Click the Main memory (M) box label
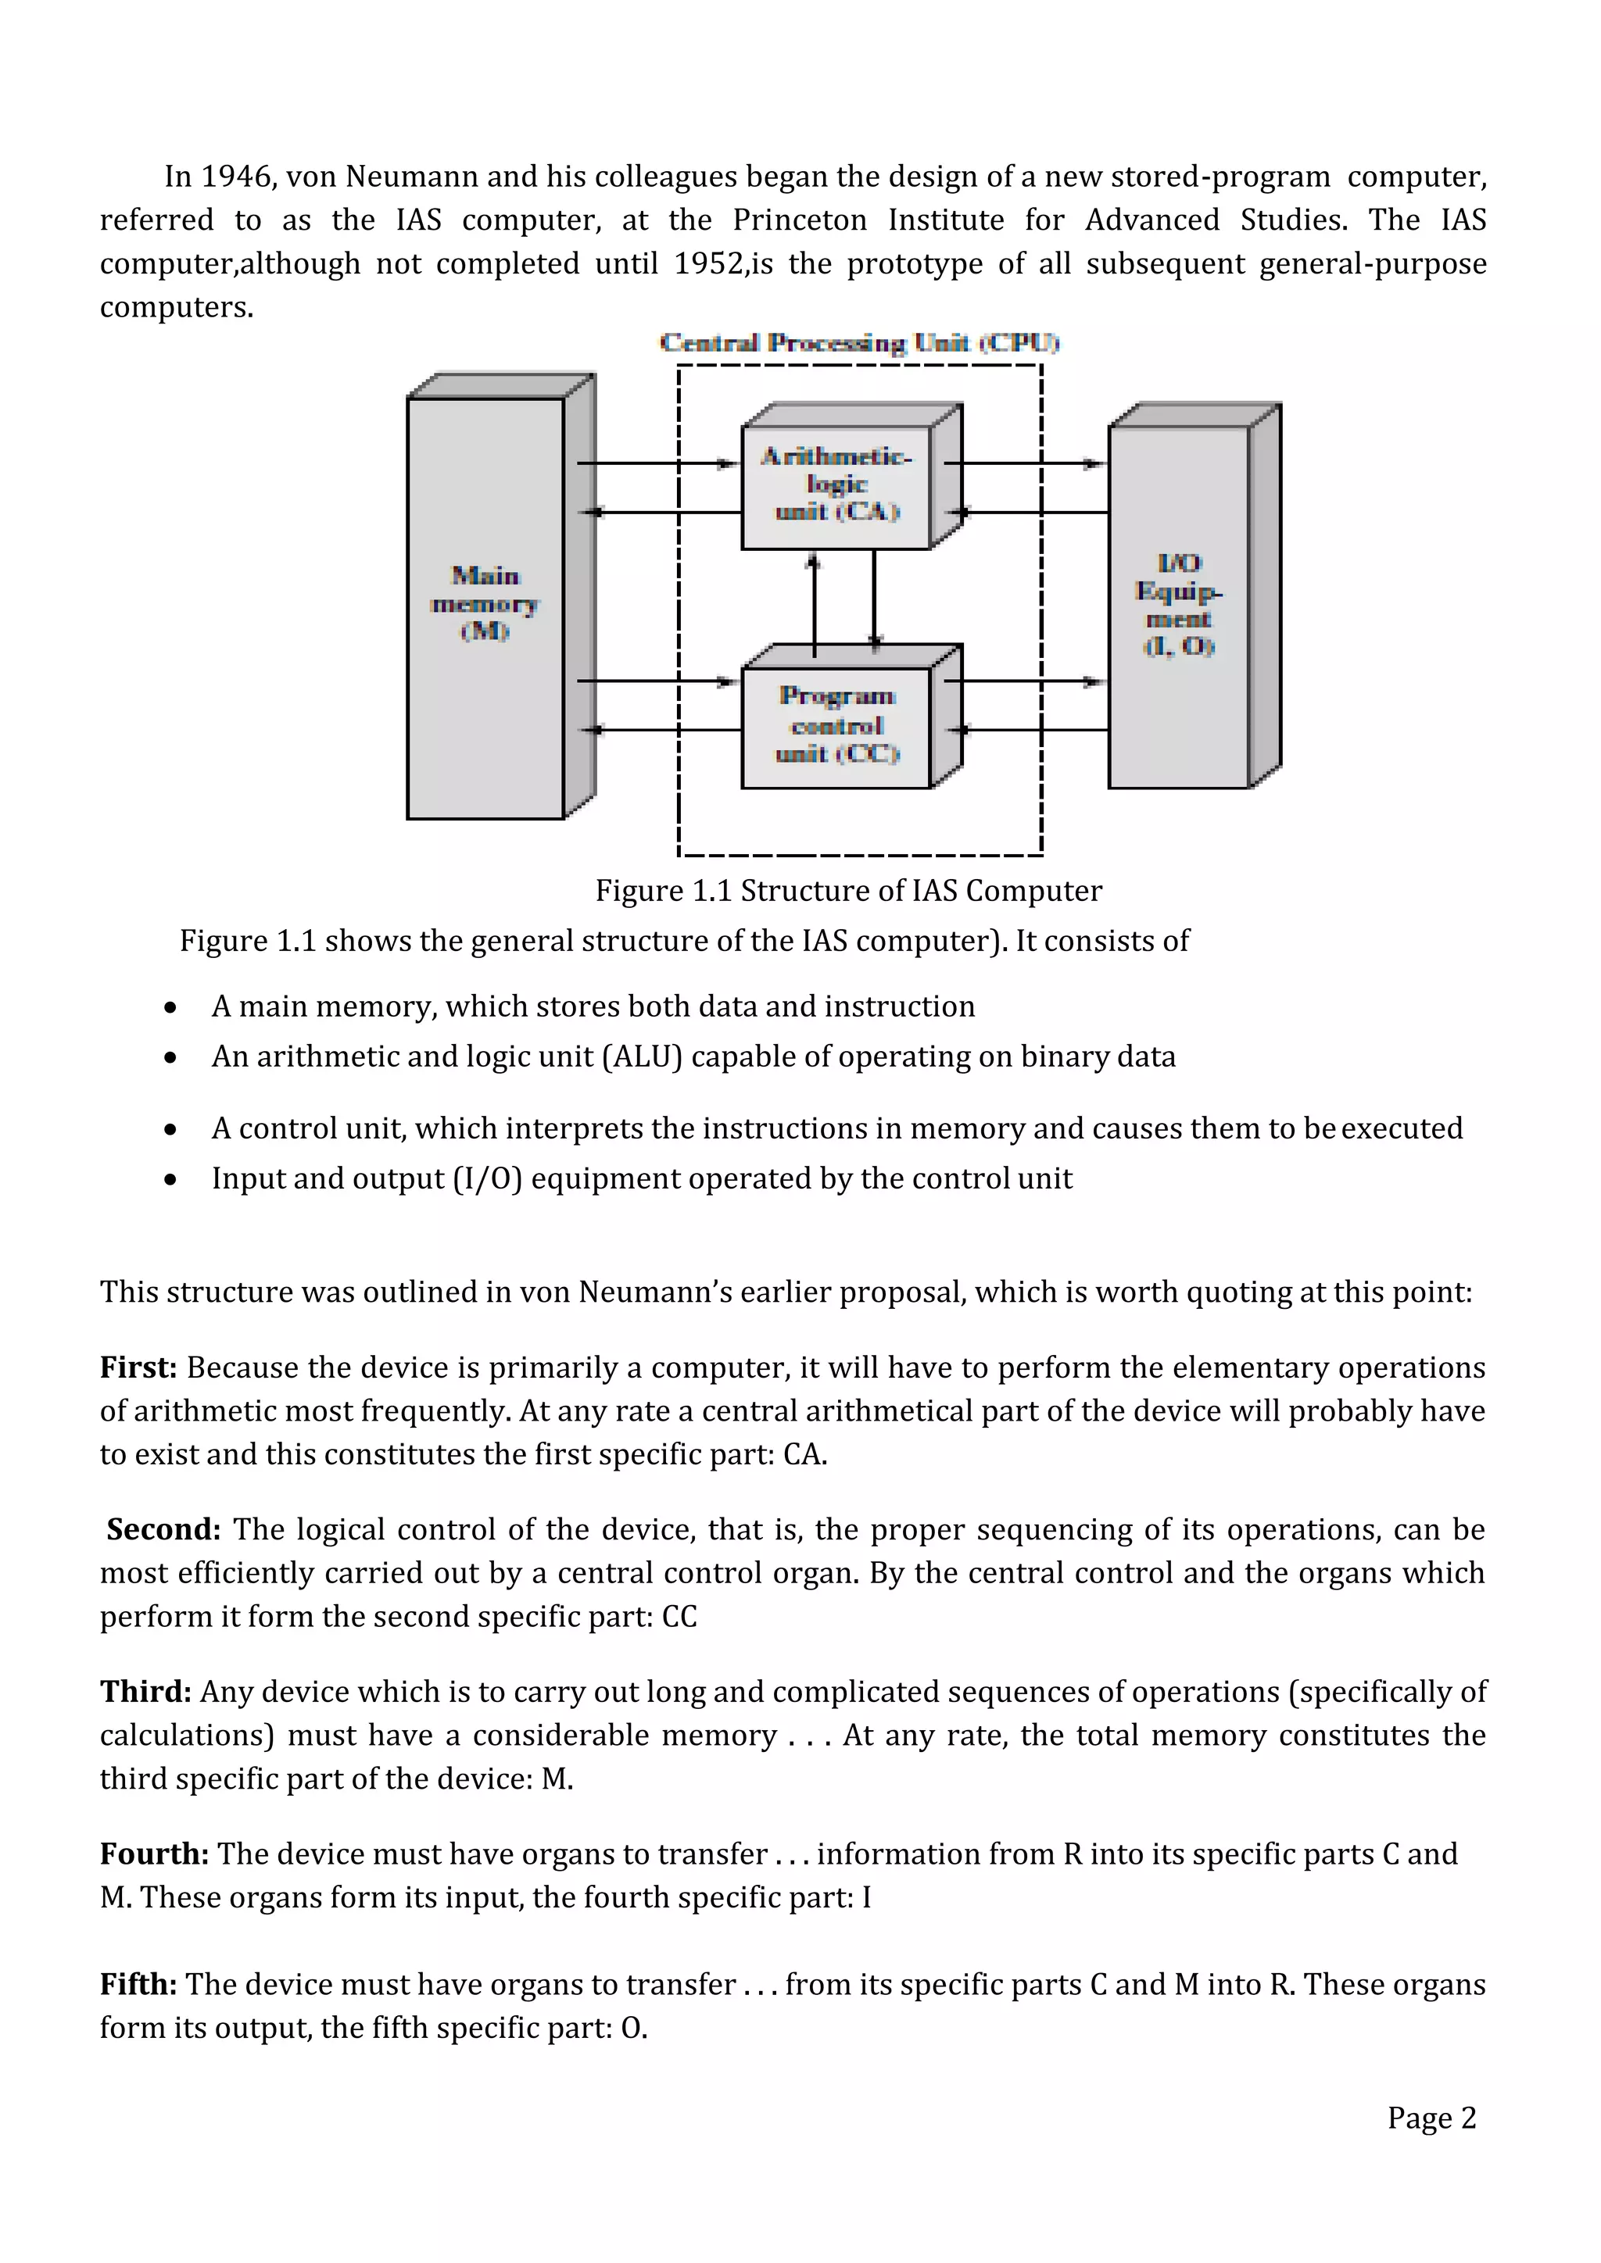[x=485, y=603]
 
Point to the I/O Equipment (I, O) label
[x=1178, y=604]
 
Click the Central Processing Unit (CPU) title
[x=858, y=343]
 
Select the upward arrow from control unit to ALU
[x=815, y=602]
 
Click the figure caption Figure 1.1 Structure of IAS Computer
[x=848, y=890]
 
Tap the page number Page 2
[x=1431, y=2117]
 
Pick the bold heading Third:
[x=145, y=1691]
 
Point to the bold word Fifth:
[x=138, y=1984]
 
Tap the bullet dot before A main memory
[x=171, y=1008]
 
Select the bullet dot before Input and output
[x=171, y=1180]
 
